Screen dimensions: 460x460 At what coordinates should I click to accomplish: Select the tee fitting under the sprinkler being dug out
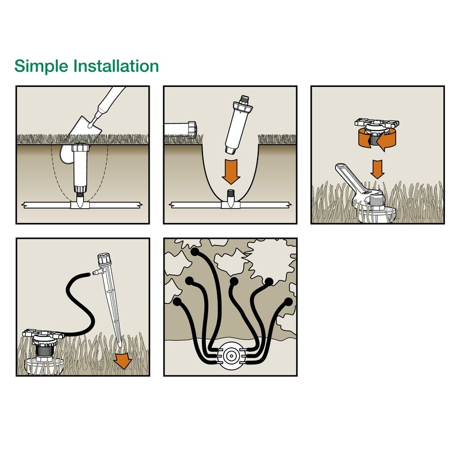pyautogui.click(x=79, y=204)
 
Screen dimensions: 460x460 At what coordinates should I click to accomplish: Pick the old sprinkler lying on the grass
pyautogui.click(x=183, y=127)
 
